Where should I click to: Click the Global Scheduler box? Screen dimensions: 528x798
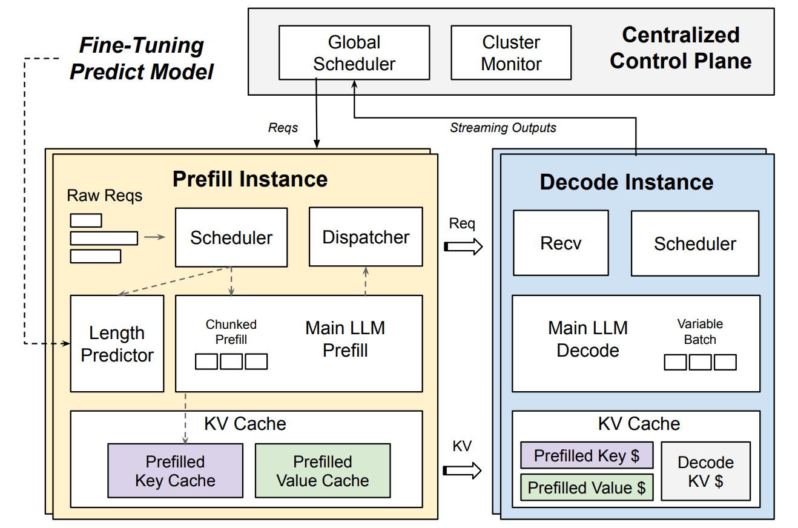(354, 53)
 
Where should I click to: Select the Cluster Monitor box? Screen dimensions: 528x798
(511, 53)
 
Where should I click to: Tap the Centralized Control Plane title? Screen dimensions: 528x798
(681, 48)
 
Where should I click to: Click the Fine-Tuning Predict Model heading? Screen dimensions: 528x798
(142, 59)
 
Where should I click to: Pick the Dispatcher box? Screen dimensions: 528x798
(366, 237)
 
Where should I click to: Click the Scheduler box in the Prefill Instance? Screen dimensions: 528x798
(231, 237)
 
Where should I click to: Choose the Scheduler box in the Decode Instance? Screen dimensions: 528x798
(694, 243)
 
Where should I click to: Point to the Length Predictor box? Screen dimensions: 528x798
(117, 343)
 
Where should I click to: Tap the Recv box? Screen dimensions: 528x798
(561, 243)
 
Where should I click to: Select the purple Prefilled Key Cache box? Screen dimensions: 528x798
(175, 471)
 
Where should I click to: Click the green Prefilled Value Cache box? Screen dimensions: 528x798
(323, 471)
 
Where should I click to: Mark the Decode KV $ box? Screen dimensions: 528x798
(705, 471)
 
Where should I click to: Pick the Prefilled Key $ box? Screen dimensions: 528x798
(587, 455)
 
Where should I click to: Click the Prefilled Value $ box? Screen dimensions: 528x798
(587, 487)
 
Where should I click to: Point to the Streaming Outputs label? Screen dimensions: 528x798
(503, 128)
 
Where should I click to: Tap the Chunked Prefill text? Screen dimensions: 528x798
(231, 332)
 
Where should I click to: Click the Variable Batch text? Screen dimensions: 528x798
(700, 332)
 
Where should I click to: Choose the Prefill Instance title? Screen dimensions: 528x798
(250, 179)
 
